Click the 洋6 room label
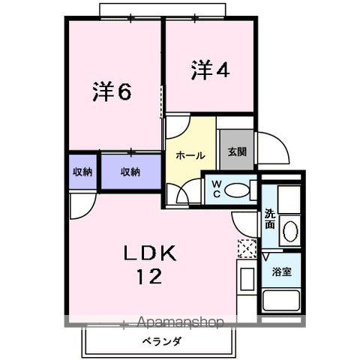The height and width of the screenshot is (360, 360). click(112, 91)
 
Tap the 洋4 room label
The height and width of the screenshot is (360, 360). click(209, 70)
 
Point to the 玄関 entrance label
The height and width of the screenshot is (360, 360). click(237, 151)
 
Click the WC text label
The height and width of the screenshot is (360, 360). click(216, 188)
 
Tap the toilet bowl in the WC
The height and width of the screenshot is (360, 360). click(238, 190)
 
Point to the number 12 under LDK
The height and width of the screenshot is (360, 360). click(148, 278)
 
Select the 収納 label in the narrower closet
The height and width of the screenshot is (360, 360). click(82, 172)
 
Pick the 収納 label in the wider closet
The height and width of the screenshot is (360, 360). click(130, 172)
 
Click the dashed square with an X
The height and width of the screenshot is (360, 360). click(246, 248)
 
